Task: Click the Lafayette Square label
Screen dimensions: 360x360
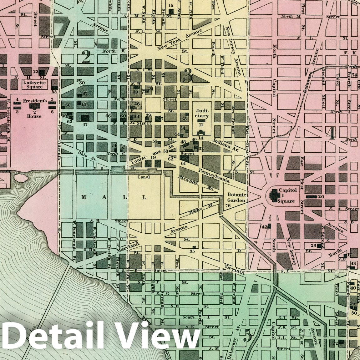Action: (34, 84)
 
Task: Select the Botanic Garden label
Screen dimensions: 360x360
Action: (237, 198)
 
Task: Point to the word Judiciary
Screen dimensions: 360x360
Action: (200, 113)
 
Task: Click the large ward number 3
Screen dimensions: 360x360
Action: (188, 75)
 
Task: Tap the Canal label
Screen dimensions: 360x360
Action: (144, 177)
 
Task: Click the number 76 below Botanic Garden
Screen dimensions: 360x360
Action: (228, 206)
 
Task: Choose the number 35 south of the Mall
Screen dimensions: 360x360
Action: (192, 251)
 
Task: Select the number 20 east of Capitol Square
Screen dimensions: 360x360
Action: (320, 197)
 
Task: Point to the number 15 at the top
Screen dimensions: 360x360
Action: (171, 6)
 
